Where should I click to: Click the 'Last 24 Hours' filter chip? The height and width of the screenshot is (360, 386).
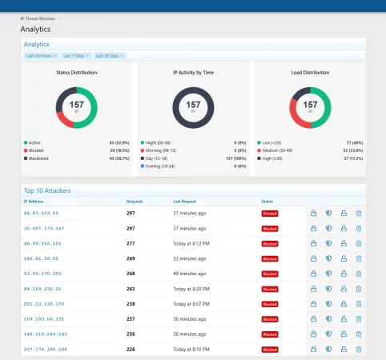(x=40, y=56)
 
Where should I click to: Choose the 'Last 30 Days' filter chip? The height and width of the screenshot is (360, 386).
(x=110, y=56)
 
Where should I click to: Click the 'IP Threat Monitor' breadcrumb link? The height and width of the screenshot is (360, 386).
(x=37, y=16)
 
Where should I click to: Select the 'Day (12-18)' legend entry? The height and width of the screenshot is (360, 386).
(x=160, y=158)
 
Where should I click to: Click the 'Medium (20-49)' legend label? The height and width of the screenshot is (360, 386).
(x=277, y=150)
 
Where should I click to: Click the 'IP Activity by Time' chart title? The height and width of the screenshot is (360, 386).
(x=193, y=73)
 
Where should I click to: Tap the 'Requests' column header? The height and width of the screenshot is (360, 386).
(x=135, y=201)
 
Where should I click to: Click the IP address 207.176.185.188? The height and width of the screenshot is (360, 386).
(x=46, y=350)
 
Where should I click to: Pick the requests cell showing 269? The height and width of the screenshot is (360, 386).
(x=132, y=259)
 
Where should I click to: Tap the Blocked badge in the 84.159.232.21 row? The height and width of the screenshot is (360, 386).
(x=270, y=290)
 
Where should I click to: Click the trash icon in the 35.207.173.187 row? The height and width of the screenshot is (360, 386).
(x=359, y=229)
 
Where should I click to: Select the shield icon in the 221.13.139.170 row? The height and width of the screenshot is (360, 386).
(x=328, y=305)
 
